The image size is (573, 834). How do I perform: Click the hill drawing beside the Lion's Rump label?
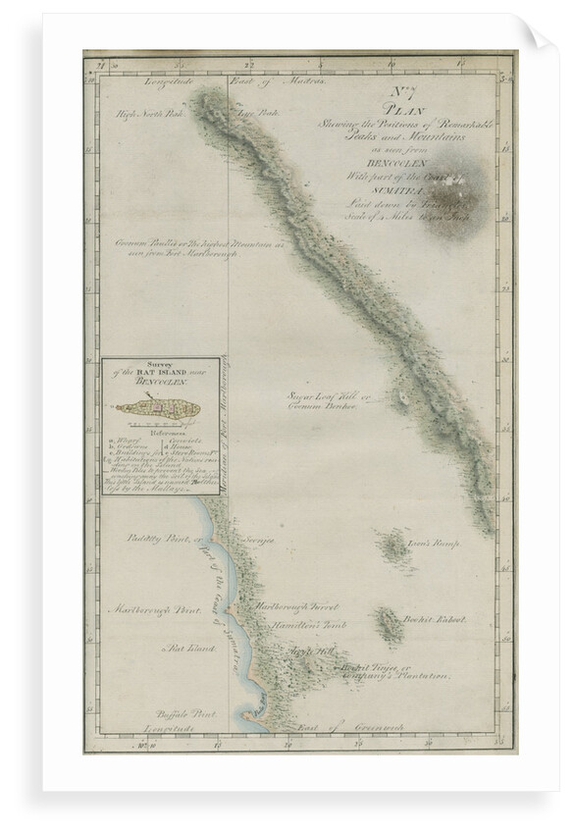pos(395,548)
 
